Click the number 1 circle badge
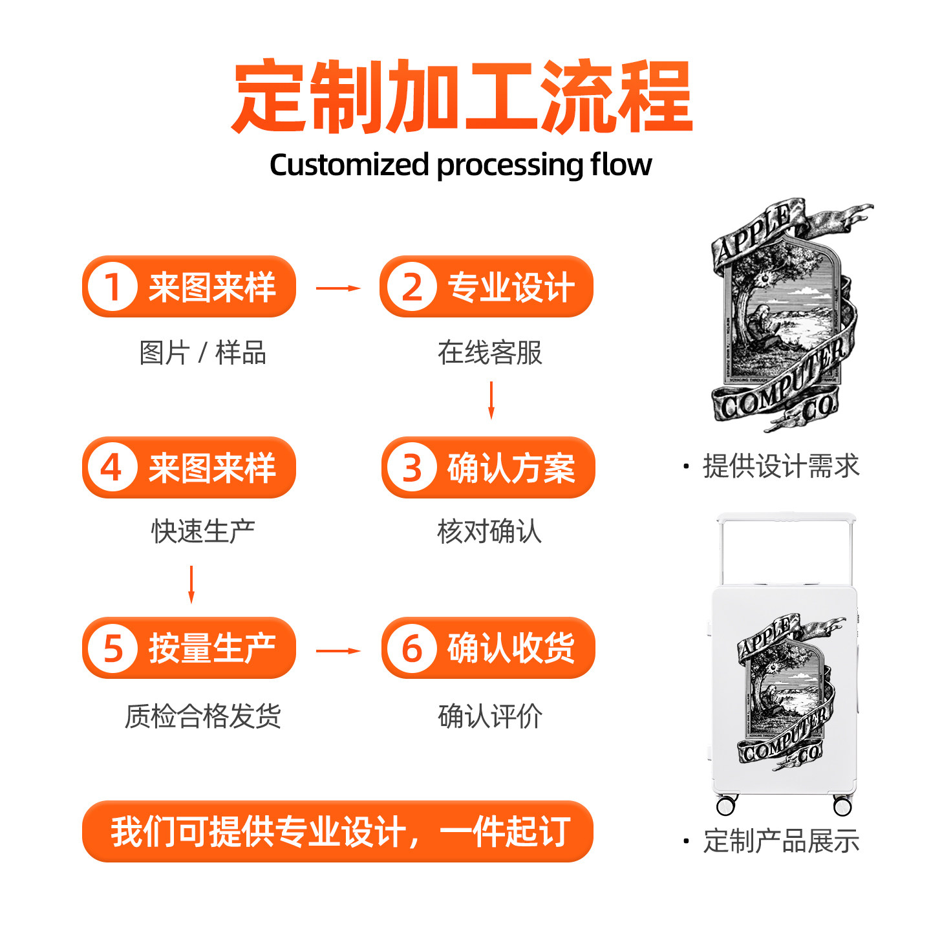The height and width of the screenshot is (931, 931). pos(112,287)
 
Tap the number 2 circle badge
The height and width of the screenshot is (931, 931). pos(412,287)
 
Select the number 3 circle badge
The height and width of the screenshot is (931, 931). pos(412,467)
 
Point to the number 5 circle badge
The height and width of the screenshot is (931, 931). pos(112,648)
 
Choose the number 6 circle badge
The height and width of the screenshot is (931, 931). pos(412,648)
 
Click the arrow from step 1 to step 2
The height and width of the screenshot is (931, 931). pos(337,288)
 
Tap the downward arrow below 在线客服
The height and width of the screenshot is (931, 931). pos(491,400)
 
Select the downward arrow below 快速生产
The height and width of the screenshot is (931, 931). pos(191,584)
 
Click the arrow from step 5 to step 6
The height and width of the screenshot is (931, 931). pos(337,650)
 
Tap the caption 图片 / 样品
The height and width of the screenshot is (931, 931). pos(202,353)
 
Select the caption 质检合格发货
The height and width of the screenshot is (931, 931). pos(202,716)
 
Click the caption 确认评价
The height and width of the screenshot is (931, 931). pos(490,716)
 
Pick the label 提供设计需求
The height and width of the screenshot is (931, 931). pos(780,466)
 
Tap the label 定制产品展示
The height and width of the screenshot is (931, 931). pos(780,841)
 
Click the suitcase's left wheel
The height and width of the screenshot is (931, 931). pos(726,806)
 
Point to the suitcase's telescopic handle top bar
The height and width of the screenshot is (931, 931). pos(786,518)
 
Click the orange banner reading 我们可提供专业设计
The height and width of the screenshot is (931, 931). pos(337,831)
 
